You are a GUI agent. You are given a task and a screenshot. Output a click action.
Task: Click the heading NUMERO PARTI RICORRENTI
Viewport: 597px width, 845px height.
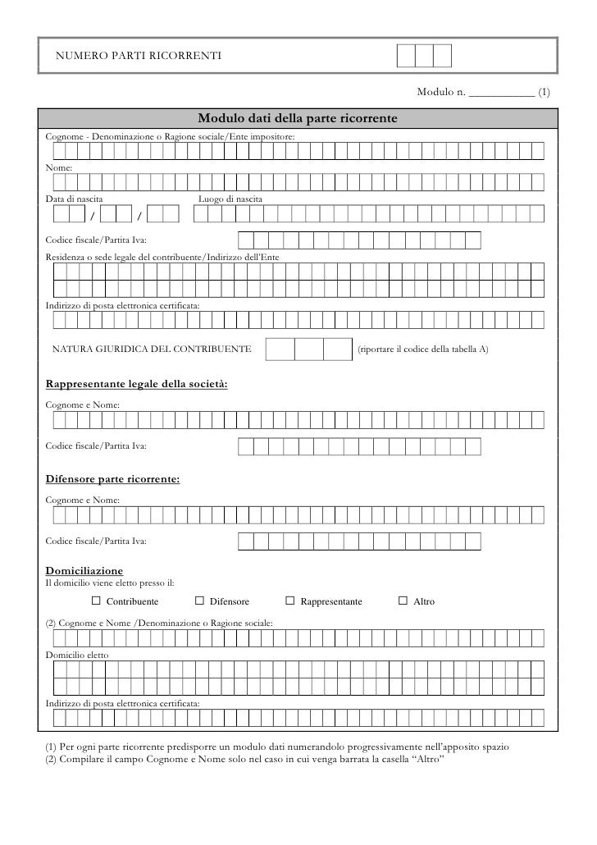coord(137,55)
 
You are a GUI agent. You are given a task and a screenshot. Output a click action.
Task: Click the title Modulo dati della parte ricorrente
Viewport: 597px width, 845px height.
coord(298,120)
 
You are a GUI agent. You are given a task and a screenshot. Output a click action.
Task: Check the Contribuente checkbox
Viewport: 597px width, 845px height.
coord(95,601)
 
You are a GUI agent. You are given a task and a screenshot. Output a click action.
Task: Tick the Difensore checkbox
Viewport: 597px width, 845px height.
coord(200,601)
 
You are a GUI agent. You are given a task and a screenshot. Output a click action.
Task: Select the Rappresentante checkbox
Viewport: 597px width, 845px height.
coord(289,601)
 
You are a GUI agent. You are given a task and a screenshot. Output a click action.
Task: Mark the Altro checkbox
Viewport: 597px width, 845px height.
coord(403,601)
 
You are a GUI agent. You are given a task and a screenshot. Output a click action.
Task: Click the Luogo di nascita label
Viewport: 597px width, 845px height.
coord(230,199)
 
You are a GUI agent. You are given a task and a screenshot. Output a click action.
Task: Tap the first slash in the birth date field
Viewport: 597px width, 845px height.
coord(92,216)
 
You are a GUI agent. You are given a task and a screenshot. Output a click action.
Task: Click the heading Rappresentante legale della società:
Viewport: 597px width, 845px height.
coord(136,384)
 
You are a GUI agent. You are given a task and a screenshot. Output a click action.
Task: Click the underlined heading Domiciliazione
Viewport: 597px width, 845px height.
coord(84,570)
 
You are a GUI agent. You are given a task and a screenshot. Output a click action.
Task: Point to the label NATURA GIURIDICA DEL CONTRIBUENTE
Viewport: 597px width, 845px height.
coord(152,349)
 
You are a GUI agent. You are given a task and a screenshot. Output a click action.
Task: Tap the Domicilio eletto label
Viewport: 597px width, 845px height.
coord(76,656)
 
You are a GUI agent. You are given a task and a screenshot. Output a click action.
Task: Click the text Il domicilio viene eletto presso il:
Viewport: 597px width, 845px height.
coord(108,583)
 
